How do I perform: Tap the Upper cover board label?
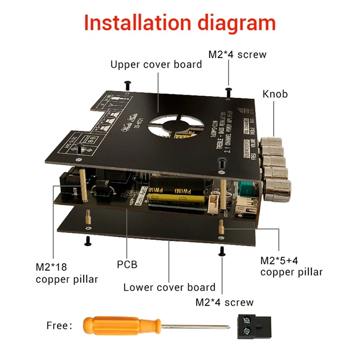point(156,64)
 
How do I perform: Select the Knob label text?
point(275,94)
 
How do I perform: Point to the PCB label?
point(127,264)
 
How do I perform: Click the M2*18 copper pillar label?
point(67,273)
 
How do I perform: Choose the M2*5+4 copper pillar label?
point(291,266)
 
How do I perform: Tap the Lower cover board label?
point(169,287)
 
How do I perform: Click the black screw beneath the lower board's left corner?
point(88,241)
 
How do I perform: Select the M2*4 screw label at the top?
point(237,54)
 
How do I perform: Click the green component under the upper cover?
point(247,189)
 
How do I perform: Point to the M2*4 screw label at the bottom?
point(224,302)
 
